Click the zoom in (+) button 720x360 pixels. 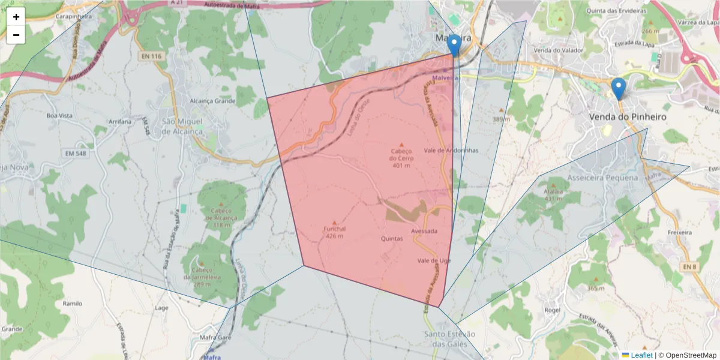point(16,17)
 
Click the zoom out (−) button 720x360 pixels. point(16,35)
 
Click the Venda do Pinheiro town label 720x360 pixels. point(628,117)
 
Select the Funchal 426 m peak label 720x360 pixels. point(335,232)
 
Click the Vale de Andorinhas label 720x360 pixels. point(451,151)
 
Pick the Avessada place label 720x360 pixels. point(424,231)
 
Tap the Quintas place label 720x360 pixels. point(392,238)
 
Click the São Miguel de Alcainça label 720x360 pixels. point(191,126)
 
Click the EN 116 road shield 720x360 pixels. point(152,56)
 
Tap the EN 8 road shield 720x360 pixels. point(688,265)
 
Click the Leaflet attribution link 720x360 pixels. point(641,355)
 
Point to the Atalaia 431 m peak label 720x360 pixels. point(554,195)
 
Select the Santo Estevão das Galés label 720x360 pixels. point(449,338)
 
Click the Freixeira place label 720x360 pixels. point(680,232)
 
